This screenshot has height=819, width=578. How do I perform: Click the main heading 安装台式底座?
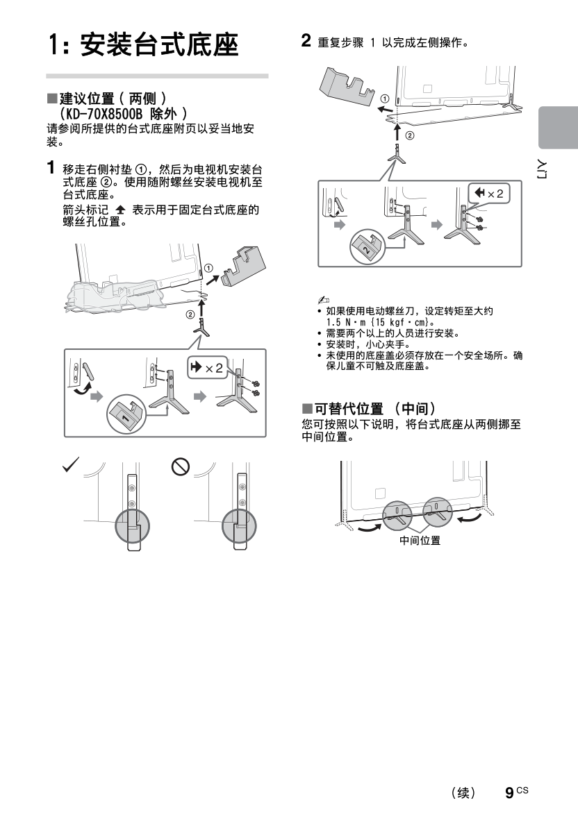click(x=159, y=46)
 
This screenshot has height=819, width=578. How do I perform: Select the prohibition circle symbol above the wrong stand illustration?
click(x=181, y=468)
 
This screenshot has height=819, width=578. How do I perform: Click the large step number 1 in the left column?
click(x=51, y=168)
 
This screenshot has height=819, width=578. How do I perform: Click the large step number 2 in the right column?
click(x=306, y=40)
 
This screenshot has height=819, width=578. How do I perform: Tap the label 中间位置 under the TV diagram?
click(x=420, y=541)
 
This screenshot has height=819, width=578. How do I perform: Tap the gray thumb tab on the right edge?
click(x=558, y=128)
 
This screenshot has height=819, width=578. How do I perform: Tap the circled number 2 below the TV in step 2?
click(x=409, y=135)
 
